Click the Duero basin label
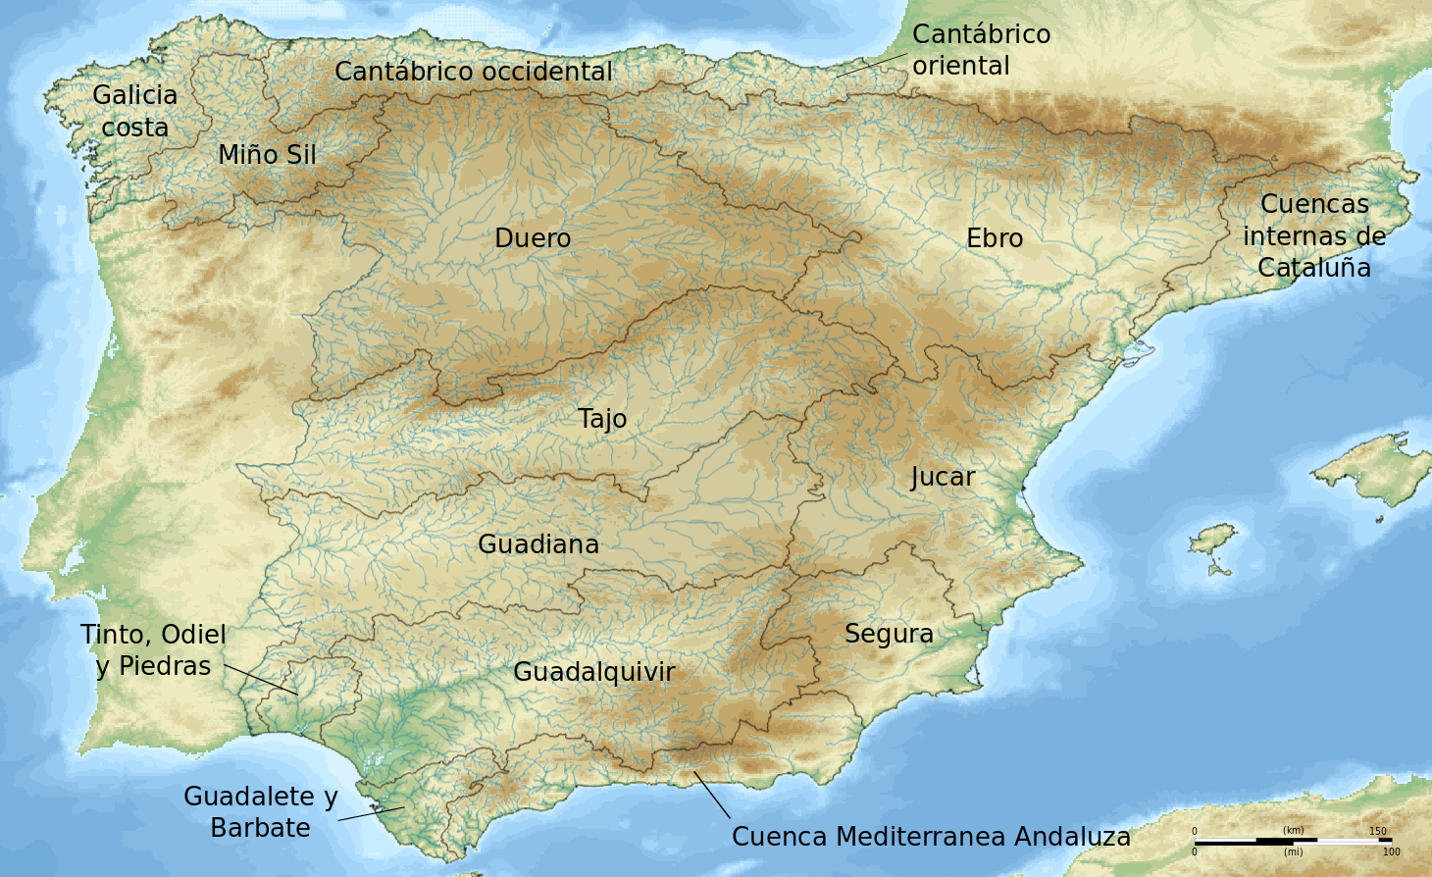(x=533, y=238)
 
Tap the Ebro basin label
(x=995, y=238)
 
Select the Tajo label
(x=602, y=419)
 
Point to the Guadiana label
(x=538, y=544)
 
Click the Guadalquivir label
(x=594, y=672)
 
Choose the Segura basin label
(x=889, y=634)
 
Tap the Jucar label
(x=943, y=478)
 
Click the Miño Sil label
(x=267, y=155)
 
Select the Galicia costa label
(x=135, y=111)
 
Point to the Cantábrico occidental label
(x=474, y=72)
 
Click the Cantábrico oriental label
(x=981, y=50)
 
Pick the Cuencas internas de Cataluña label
(x=1314, y=235)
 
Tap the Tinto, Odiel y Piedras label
(x=154, y=650)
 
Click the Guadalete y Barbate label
(x=261, y=812)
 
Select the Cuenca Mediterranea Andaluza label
(x=931, y=837)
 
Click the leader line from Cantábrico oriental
(x=872, y=65)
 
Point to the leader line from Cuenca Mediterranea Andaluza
(x=712, y=795)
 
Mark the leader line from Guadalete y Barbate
(x=371, y=814)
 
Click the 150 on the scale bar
(x=1378, y=831)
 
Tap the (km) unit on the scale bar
(x=1294, y=831)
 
